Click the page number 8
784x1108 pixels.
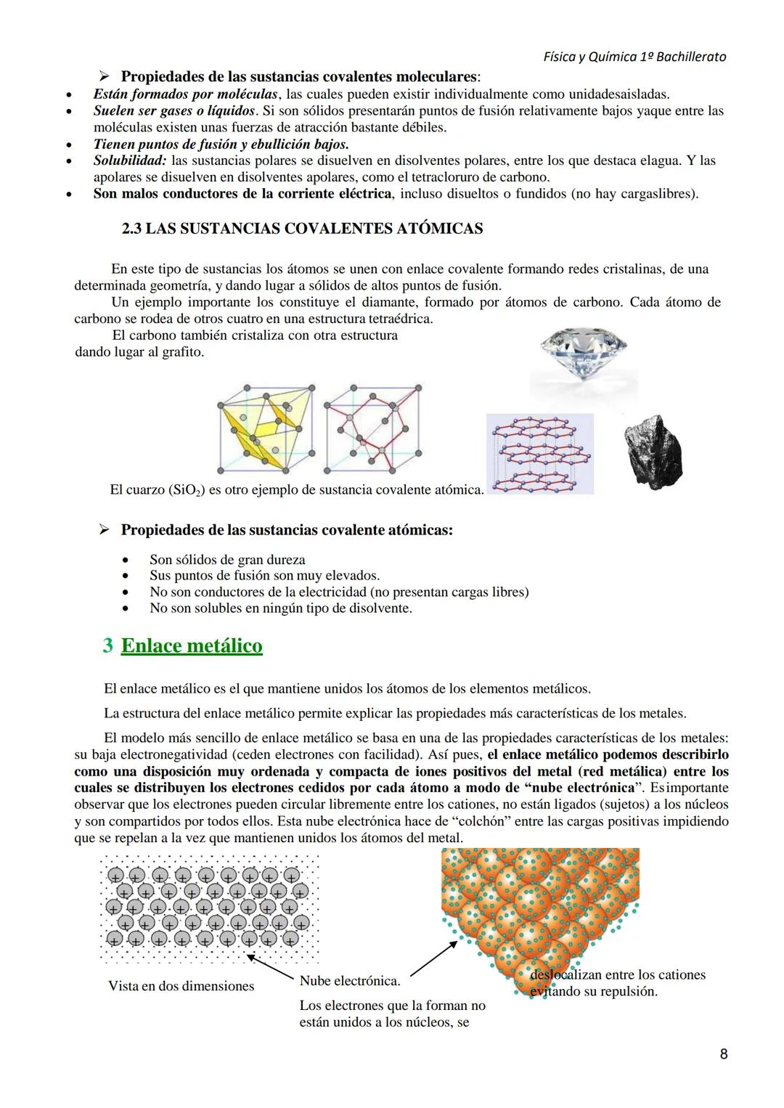[723, 1053]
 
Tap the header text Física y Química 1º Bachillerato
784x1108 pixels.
[634, 57]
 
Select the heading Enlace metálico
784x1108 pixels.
[192, 645]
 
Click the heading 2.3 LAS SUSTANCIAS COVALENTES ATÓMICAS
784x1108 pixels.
[302, 229]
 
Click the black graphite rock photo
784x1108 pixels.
[653, 449]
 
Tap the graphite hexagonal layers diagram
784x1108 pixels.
[540, 454]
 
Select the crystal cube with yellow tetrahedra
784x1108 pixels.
[266, 428]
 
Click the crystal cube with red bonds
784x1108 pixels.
[372, 428]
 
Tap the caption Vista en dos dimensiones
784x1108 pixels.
[181, 986]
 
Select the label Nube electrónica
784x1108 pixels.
[349, 981]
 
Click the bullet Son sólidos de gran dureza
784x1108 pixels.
[227, 560]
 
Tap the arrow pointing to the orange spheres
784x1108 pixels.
[433, 958]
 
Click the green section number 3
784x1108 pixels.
[108, 645]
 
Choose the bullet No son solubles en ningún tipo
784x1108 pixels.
[280, 608]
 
